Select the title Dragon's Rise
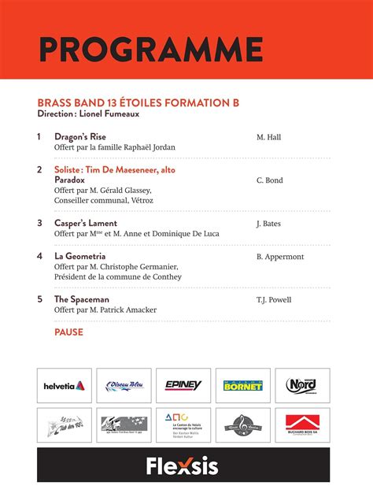[x=79, y=136]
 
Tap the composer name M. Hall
[x=268, y=137]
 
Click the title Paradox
[x=69, y=180]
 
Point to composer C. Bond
[x=269, y=180]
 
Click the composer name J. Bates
[x=268, y=224]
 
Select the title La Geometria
[x=79, y=256]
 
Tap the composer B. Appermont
[x=279, y=257]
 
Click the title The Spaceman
[x=82, y=299]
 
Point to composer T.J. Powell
[x=274, y=300]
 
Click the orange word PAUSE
[x=68, y=332]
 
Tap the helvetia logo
[x=65, y=386]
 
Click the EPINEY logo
[x=183, y=386]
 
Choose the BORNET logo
[x=243, y=386]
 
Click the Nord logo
[x=302, y=386]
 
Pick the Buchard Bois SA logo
[x=302, y=425]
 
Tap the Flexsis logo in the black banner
[x=183, y=466]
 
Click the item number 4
[x=39, y=256]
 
